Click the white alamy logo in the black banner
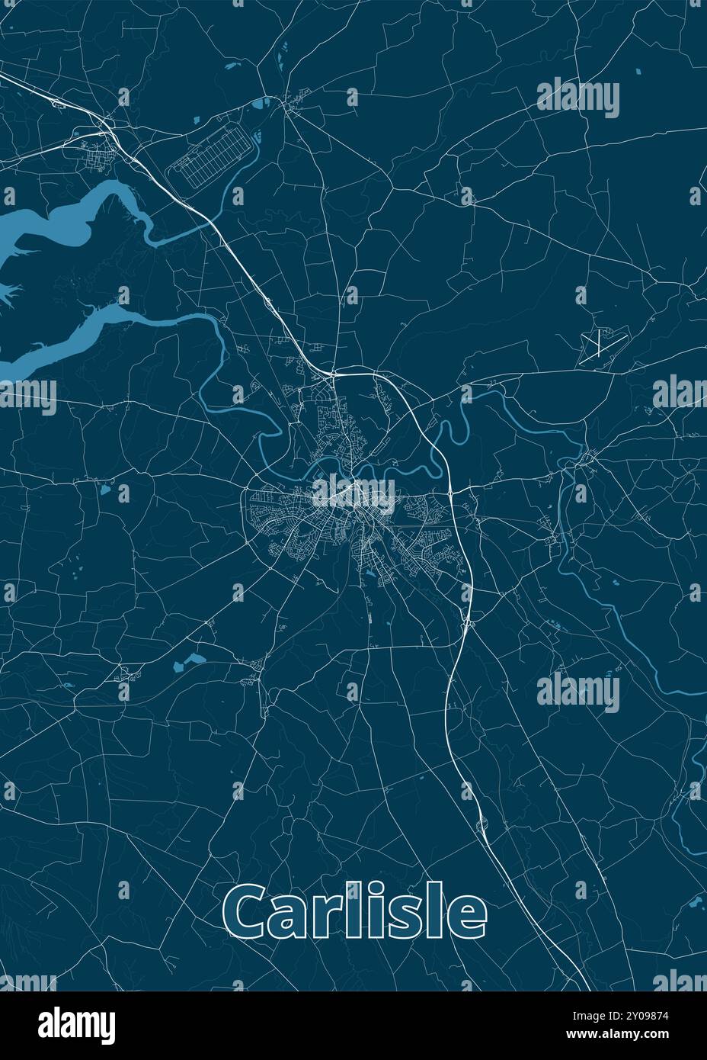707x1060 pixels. pos(77,1024)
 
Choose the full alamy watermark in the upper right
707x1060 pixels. pos(578,98)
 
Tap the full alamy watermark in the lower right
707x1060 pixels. pos(578,692)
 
